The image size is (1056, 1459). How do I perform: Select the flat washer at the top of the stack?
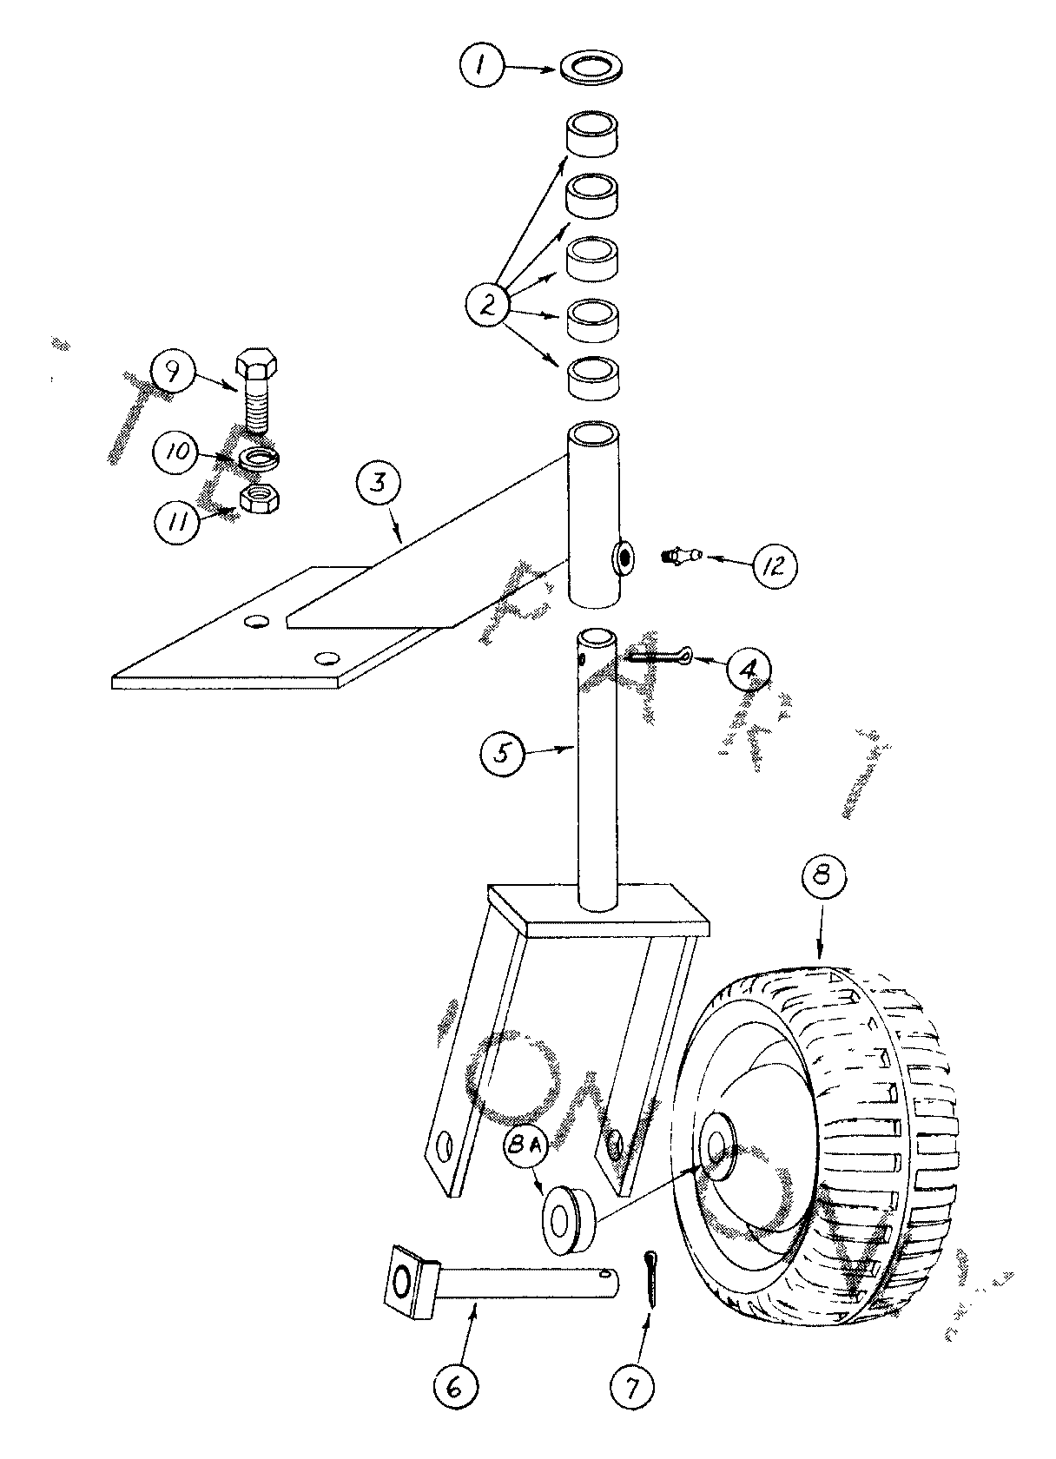point(591,69)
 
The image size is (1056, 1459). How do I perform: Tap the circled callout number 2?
point(488,304)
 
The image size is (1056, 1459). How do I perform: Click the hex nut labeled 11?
point(261,499)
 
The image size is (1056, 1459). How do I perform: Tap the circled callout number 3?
point(379,483)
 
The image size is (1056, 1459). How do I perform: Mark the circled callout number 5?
point(502,754)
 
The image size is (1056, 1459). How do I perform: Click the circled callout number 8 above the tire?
point(822,874)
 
